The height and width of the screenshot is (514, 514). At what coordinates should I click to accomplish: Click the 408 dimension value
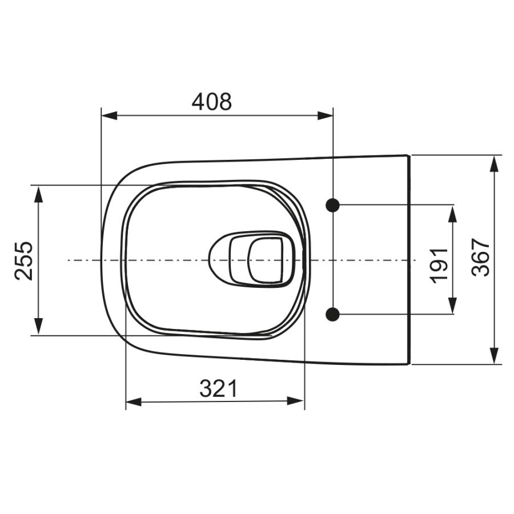(x=211, y=102)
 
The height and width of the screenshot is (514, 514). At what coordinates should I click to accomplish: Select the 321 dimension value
(x=218, y=388)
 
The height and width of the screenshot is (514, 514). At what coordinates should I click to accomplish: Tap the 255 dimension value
(x=24, y=260)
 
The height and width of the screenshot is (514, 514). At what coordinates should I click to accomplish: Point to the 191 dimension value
(x=439, y=266)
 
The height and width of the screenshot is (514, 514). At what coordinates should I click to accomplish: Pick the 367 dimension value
(x=480, y=258)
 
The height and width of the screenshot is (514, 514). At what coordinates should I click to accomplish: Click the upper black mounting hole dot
(x=333, y=205)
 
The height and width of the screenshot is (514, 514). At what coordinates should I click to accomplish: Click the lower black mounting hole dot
(x=333, y=314)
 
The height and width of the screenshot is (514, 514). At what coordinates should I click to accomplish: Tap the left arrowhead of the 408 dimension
(x=109, y=115)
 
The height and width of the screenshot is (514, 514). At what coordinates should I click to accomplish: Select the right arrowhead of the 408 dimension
(x=325, y=115)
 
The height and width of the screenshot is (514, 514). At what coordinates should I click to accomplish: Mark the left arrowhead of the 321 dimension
(x=134, y=401)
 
